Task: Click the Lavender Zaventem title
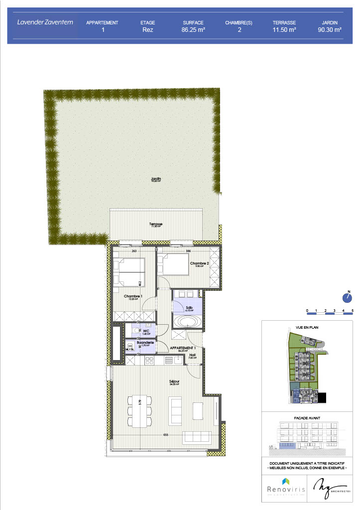[44, 22]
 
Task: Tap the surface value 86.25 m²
[194, 30]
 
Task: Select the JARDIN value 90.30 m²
[330, 30]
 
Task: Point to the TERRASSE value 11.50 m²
[284, 30]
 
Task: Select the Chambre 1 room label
[133, 297]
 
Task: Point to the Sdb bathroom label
[189, 307]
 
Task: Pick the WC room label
[146, 330]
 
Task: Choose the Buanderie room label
[145, 343]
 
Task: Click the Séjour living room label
[174, 382]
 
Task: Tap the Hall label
[192, 355]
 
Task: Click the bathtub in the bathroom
[187, 322]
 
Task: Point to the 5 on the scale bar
[353, 310]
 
